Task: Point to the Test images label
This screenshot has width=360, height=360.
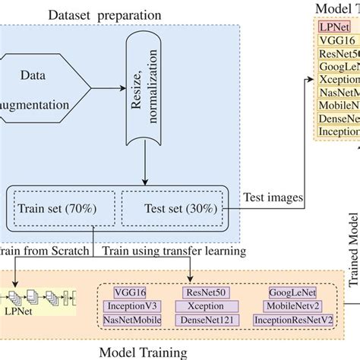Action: pyautogui.click(x=273, y=199)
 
